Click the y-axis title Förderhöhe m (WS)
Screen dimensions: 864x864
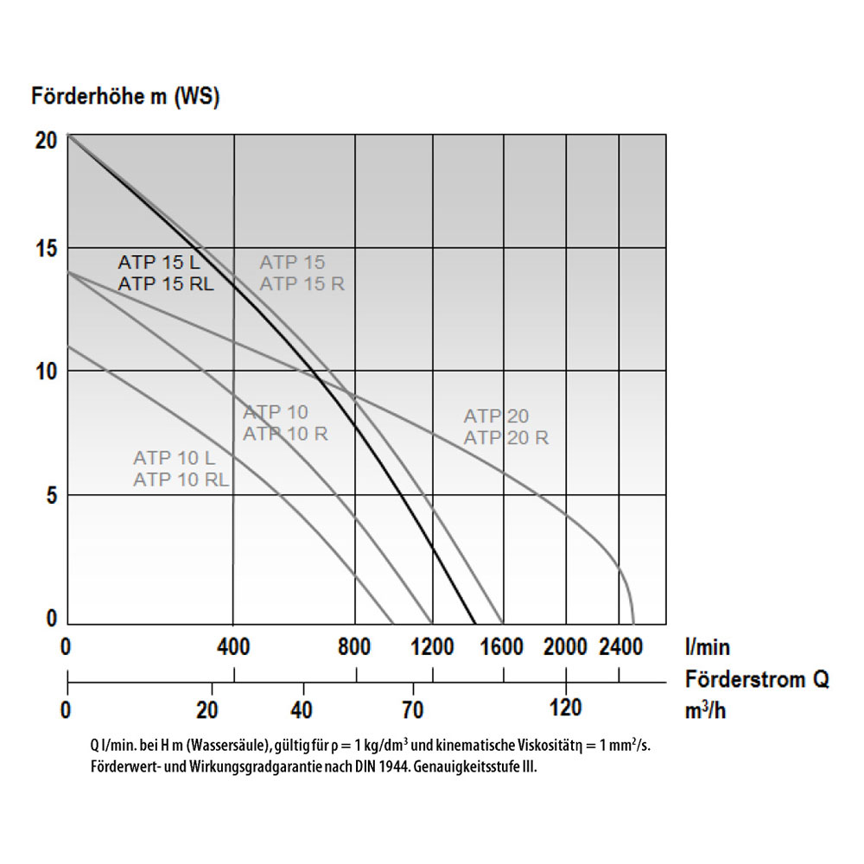tap(125, 96)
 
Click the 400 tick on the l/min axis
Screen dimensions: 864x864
tap(233, 646)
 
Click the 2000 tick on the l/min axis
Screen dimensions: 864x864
tap(566, 646)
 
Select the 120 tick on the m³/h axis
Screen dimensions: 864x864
tap(566, 708)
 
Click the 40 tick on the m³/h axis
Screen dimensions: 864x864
tap(303, 710)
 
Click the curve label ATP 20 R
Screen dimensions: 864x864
tap(505, 438)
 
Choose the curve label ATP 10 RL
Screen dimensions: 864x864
tap(181, 480)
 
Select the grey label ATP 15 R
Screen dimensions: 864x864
tap(302, 283)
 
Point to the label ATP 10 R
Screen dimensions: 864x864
tap(285, 434)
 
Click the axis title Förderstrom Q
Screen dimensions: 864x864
tap(757, 678)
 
